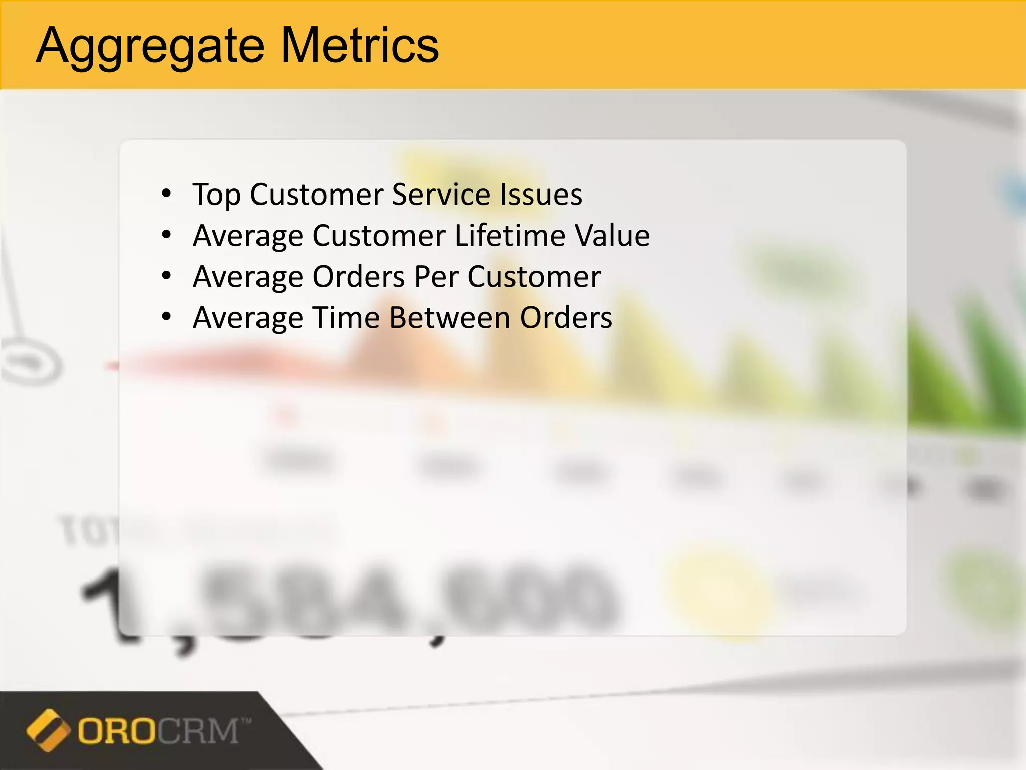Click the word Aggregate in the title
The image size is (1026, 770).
tap(150, 47)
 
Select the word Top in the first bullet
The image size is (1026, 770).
tap(216, 195)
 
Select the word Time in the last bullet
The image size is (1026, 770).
tap(346, 318)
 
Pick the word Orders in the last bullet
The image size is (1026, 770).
tap(566, 318)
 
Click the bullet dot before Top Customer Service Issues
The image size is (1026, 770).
tap(167, 194)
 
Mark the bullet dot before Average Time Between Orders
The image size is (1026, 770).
tap(167, 317)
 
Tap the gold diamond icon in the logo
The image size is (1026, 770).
tap(48, 730)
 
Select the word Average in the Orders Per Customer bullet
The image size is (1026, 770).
tap(247, 277)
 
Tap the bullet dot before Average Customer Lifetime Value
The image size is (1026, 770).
tap(167, 235)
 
